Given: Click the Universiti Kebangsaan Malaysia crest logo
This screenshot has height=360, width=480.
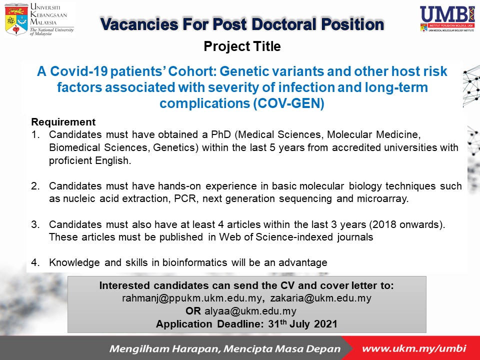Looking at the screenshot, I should pyautogui.click(x=16, y=19).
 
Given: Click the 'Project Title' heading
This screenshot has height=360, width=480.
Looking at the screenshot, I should pyautogui.click(x=242, y=47).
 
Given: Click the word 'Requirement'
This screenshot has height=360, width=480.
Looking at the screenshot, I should pyautogui.click(x=63, y=122).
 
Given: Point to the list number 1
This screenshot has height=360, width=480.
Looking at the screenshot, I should pyautogui.click(x=34, y=135).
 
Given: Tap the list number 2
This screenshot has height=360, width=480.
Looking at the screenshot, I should pyautogui.click(x=35, y=186).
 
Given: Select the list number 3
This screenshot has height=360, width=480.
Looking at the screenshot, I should pyautogui.click(x=35, y=225).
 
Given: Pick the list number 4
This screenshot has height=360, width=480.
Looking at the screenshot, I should pyautogui.click(x=35, y=262).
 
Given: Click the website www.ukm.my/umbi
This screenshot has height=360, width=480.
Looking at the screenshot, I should pyautogui.click(x=413, y=348).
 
